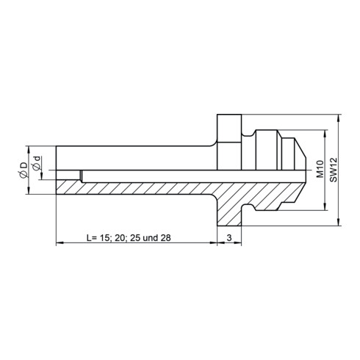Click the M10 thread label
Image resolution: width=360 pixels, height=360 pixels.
point(320,169)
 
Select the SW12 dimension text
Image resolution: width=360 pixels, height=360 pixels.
point(334,170)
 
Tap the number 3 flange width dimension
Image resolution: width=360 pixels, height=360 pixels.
point(229,237)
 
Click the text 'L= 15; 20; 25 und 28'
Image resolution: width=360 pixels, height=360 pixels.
point(129,237)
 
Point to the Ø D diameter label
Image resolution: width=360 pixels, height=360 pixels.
point(24,170)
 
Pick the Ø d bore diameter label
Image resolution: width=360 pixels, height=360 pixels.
point(37,163)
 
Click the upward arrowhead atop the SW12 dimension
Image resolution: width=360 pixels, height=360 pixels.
point(339,118)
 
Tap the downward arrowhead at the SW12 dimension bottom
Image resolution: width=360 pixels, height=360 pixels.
point(339,222)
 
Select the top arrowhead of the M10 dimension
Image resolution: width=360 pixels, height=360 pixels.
point(325,133)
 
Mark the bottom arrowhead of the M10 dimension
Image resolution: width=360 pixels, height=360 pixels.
point(325,207)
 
